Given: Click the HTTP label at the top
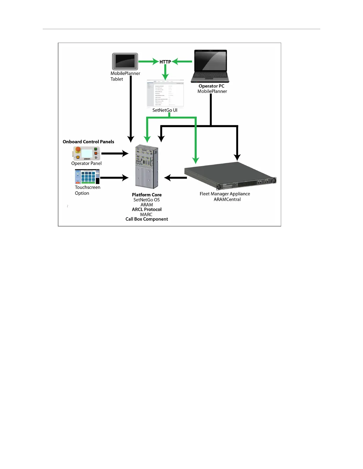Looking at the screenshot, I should tap(165, 62).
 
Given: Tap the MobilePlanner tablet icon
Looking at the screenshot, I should tap(125, 62).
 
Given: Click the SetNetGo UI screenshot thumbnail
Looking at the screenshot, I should tap(165, 93).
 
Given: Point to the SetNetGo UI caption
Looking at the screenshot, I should tap(165, 110).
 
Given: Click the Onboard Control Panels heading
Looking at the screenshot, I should tap(88, 142).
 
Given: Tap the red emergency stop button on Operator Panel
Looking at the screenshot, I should tap(78, 149).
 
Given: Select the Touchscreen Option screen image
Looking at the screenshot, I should tap(87, 177).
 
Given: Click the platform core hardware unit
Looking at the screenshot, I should tap(147, 166).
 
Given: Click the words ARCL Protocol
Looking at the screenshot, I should tap(147, 209).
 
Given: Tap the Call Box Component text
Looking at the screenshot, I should tap(147, 219).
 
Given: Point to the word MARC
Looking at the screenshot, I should tap(146, 214).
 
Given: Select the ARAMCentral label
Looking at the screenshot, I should tap(227, 199).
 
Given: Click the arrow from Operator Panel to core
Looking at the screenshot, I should tap(115, 153).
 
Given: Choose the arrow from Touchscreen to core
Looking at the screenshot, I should tap(114, 178).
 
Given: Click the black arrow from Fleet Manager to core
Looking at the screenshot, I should tap(176, 178).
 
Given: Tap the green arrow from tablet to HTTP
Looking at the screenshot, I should tap(148, 62).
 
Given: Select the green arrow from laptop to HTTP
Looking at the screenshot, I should tap(182, 62).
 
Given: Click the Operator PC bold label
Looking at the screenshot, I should tap(211, 86).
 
